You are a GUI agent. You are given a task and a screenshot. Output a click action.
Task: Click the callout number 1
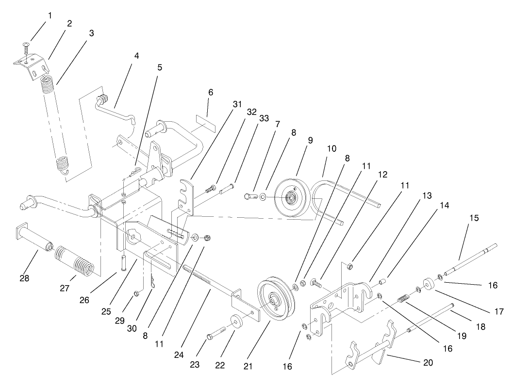coord(49,16)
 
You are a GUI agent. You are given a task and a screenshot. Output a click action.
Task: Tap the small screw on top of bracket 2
coord(25,48)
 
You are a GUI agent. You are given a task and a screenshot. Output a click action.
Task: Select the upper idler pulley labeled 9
coord(291,197)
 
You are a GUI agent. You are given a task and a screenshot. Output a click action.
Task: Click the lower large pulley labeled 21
coord(274,299)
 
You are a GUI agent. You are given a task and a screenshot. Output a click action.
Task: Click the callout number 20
coord(422,362)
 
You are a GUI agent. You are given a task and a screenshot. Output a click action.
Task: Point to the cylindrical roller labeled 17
coord(429,283)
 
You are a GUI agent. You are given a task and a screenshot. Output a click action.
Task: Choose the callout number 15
coord(474,218)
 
